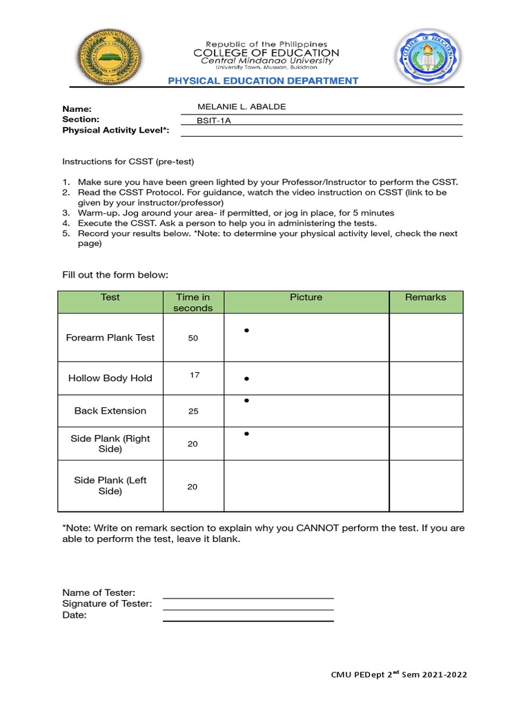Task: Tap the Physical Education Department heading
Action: click(264, 81)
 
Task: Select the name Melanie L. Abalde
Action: click(242, 106)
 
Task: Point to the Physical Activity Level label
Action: click(115, 130)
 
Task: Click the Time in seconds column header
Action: click(193, 302)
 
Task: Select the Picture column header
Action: click(306, 298)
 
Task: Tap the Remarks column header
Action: click(426, 298)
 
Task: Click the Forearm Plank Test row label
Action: click(110, 338)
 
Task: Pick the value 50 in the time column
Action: click(193, 338)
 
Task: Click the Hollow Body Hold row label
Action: click(110, 378)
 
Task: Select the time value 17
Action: click(195, 375)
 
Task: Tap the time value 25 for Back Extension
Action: click(193, 411)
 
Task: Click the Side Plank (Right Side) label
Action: click(110, 444)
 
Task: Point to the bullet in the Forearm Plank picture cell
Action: click(246, 331)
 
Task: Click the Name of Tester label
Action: click(99, 592)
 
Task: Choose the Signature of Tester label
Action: click(107, 604)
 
